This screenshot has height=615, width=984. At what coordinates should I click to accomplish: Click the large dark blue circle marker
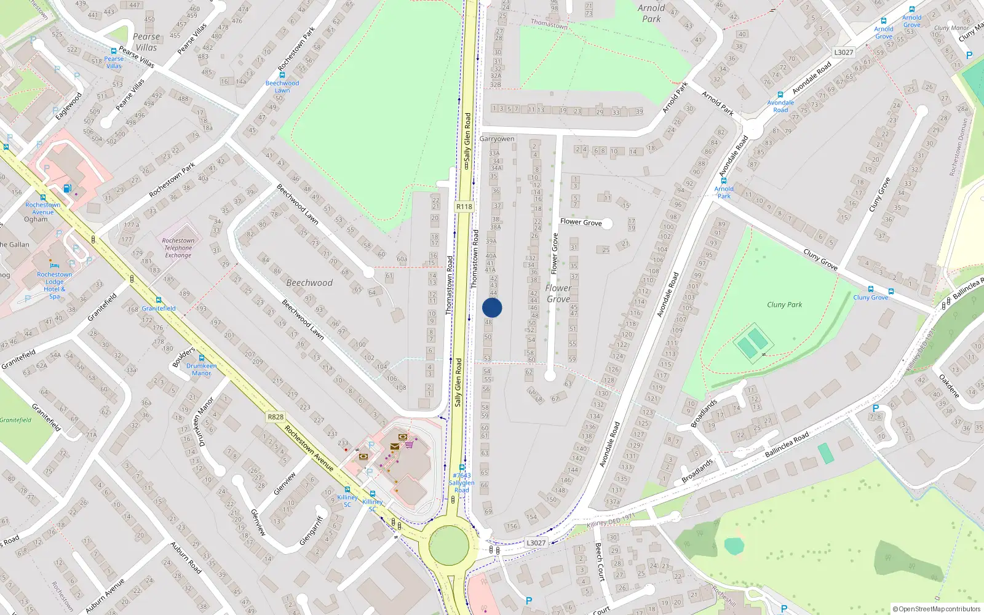click(x=492, y=307)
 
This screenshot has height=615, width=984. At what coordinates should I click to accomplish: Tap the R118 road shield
click(x=464, y=207)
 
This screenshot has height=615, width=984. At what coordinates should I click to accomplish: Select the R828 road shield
click(x=276, y=417)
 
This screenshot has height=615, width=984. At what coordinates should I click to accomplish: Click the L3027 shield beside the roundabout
click(x=536, y=542)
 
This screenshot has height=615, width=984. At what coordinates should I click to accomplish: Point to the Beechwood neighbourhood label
click(x=309, y=283)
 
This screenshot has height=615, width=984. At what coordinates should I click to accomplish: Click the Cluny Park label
click(x=784, y=304)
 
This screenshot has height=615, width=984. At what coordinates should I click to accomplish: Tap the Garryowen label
click(x=497, y=139)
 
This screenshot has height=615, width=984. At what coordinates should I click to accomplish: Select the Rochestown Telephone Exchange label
click(x=178, y=248)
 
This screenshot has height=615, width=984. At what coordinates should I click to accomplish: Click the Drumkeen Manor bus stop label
click(x=201, y=369)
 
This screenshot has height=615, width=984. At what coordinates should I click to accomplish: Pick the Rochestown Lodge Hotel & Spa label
click(x=55, y=285)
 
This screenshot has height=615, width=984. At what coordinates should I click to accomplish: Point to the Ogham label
click(x=36, y=219)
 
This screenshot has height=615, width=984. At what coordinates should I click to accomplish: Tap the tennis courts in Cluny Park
click(x=751, y=343)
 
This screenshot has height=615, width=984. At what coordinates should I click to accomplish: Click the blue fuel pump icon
click(x=67, y=188)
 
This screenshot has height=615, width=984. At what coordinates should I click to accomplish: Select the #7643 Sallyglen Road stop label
click(x=461, y=482)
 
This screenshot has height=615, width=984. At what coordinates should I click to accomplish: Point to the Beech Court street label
click(x=600, y=561)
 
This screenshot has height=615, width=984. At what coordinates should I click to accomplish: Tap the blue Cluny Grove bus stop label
click(x=870, y=298)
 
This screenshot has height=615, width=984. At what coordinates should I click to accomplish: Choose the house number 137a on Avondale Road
click(x=613, y=502)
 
